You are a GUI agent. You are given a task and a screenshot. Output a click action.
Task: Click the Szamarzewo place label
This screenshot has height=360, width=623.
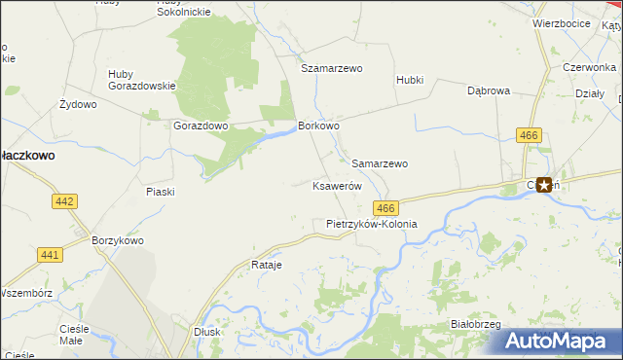pos(331,69)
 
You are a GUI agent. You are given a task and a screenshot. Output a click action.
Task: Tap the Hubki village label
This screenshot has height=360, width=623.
pos(410,80)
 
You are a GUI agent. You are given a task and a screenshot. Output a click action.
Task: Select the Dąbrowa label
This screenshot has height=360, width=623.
pos(489,90)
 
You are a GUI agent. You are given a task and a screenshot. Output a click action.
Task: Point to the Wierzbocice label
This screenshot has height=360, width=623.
pos(562,23)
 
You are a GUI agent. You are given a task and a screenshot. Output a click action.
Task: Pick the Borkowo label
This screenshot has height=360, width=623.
pos(318,126)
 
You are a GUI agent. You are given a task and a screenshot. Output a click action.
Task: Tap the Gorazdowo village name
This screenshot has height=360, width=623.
pos(200,126)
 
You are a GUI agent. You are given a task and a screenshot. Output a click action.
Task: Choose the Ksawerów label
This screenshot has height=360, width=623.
pos(337,186)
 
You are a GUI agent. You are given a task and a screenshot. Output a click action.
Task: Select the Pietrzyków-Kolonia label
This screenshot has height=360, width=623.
pos(371,224)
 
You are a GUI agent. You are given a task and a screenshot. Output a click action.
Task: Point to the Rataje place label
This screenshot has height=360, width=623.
pos(266,265)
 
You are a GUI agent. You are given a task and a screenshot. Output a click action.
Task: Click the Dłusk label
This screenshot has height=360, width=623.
pos(206,331)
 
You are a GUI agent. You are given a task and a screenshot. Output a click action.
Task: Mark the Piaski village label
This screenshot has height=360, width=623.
pos(160,192)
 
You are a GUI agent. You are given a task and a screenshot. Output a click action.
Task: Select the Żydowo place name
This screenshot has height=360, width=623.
pos(78,104)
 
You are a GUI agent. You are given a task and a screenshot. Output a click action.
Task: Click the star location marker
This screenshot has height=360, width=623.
pos(543,184)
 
